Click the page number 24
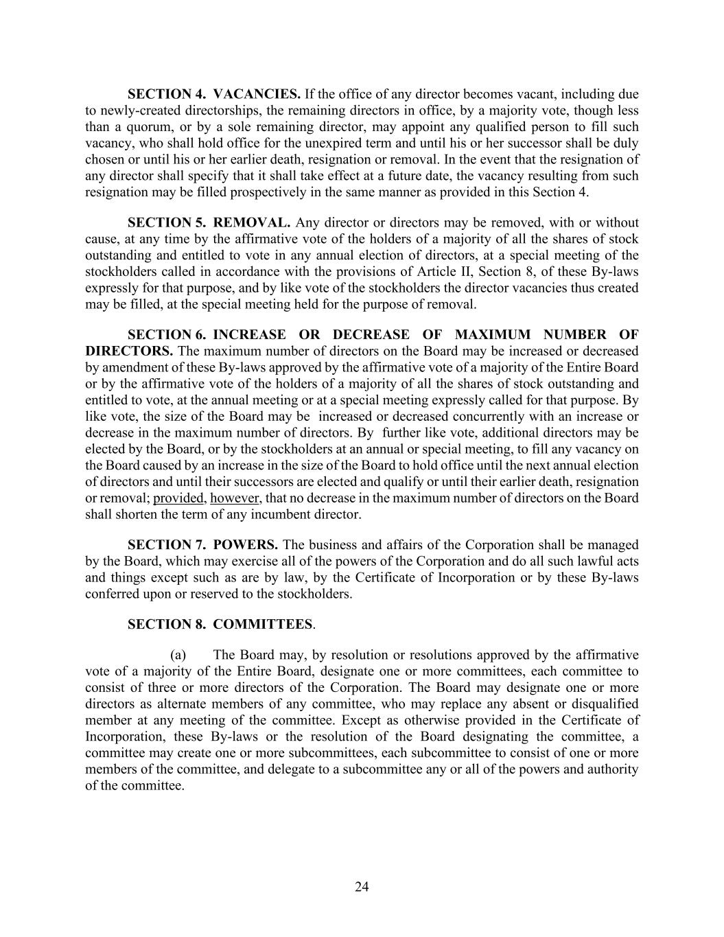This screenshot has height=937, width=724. tap(362, 887)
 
